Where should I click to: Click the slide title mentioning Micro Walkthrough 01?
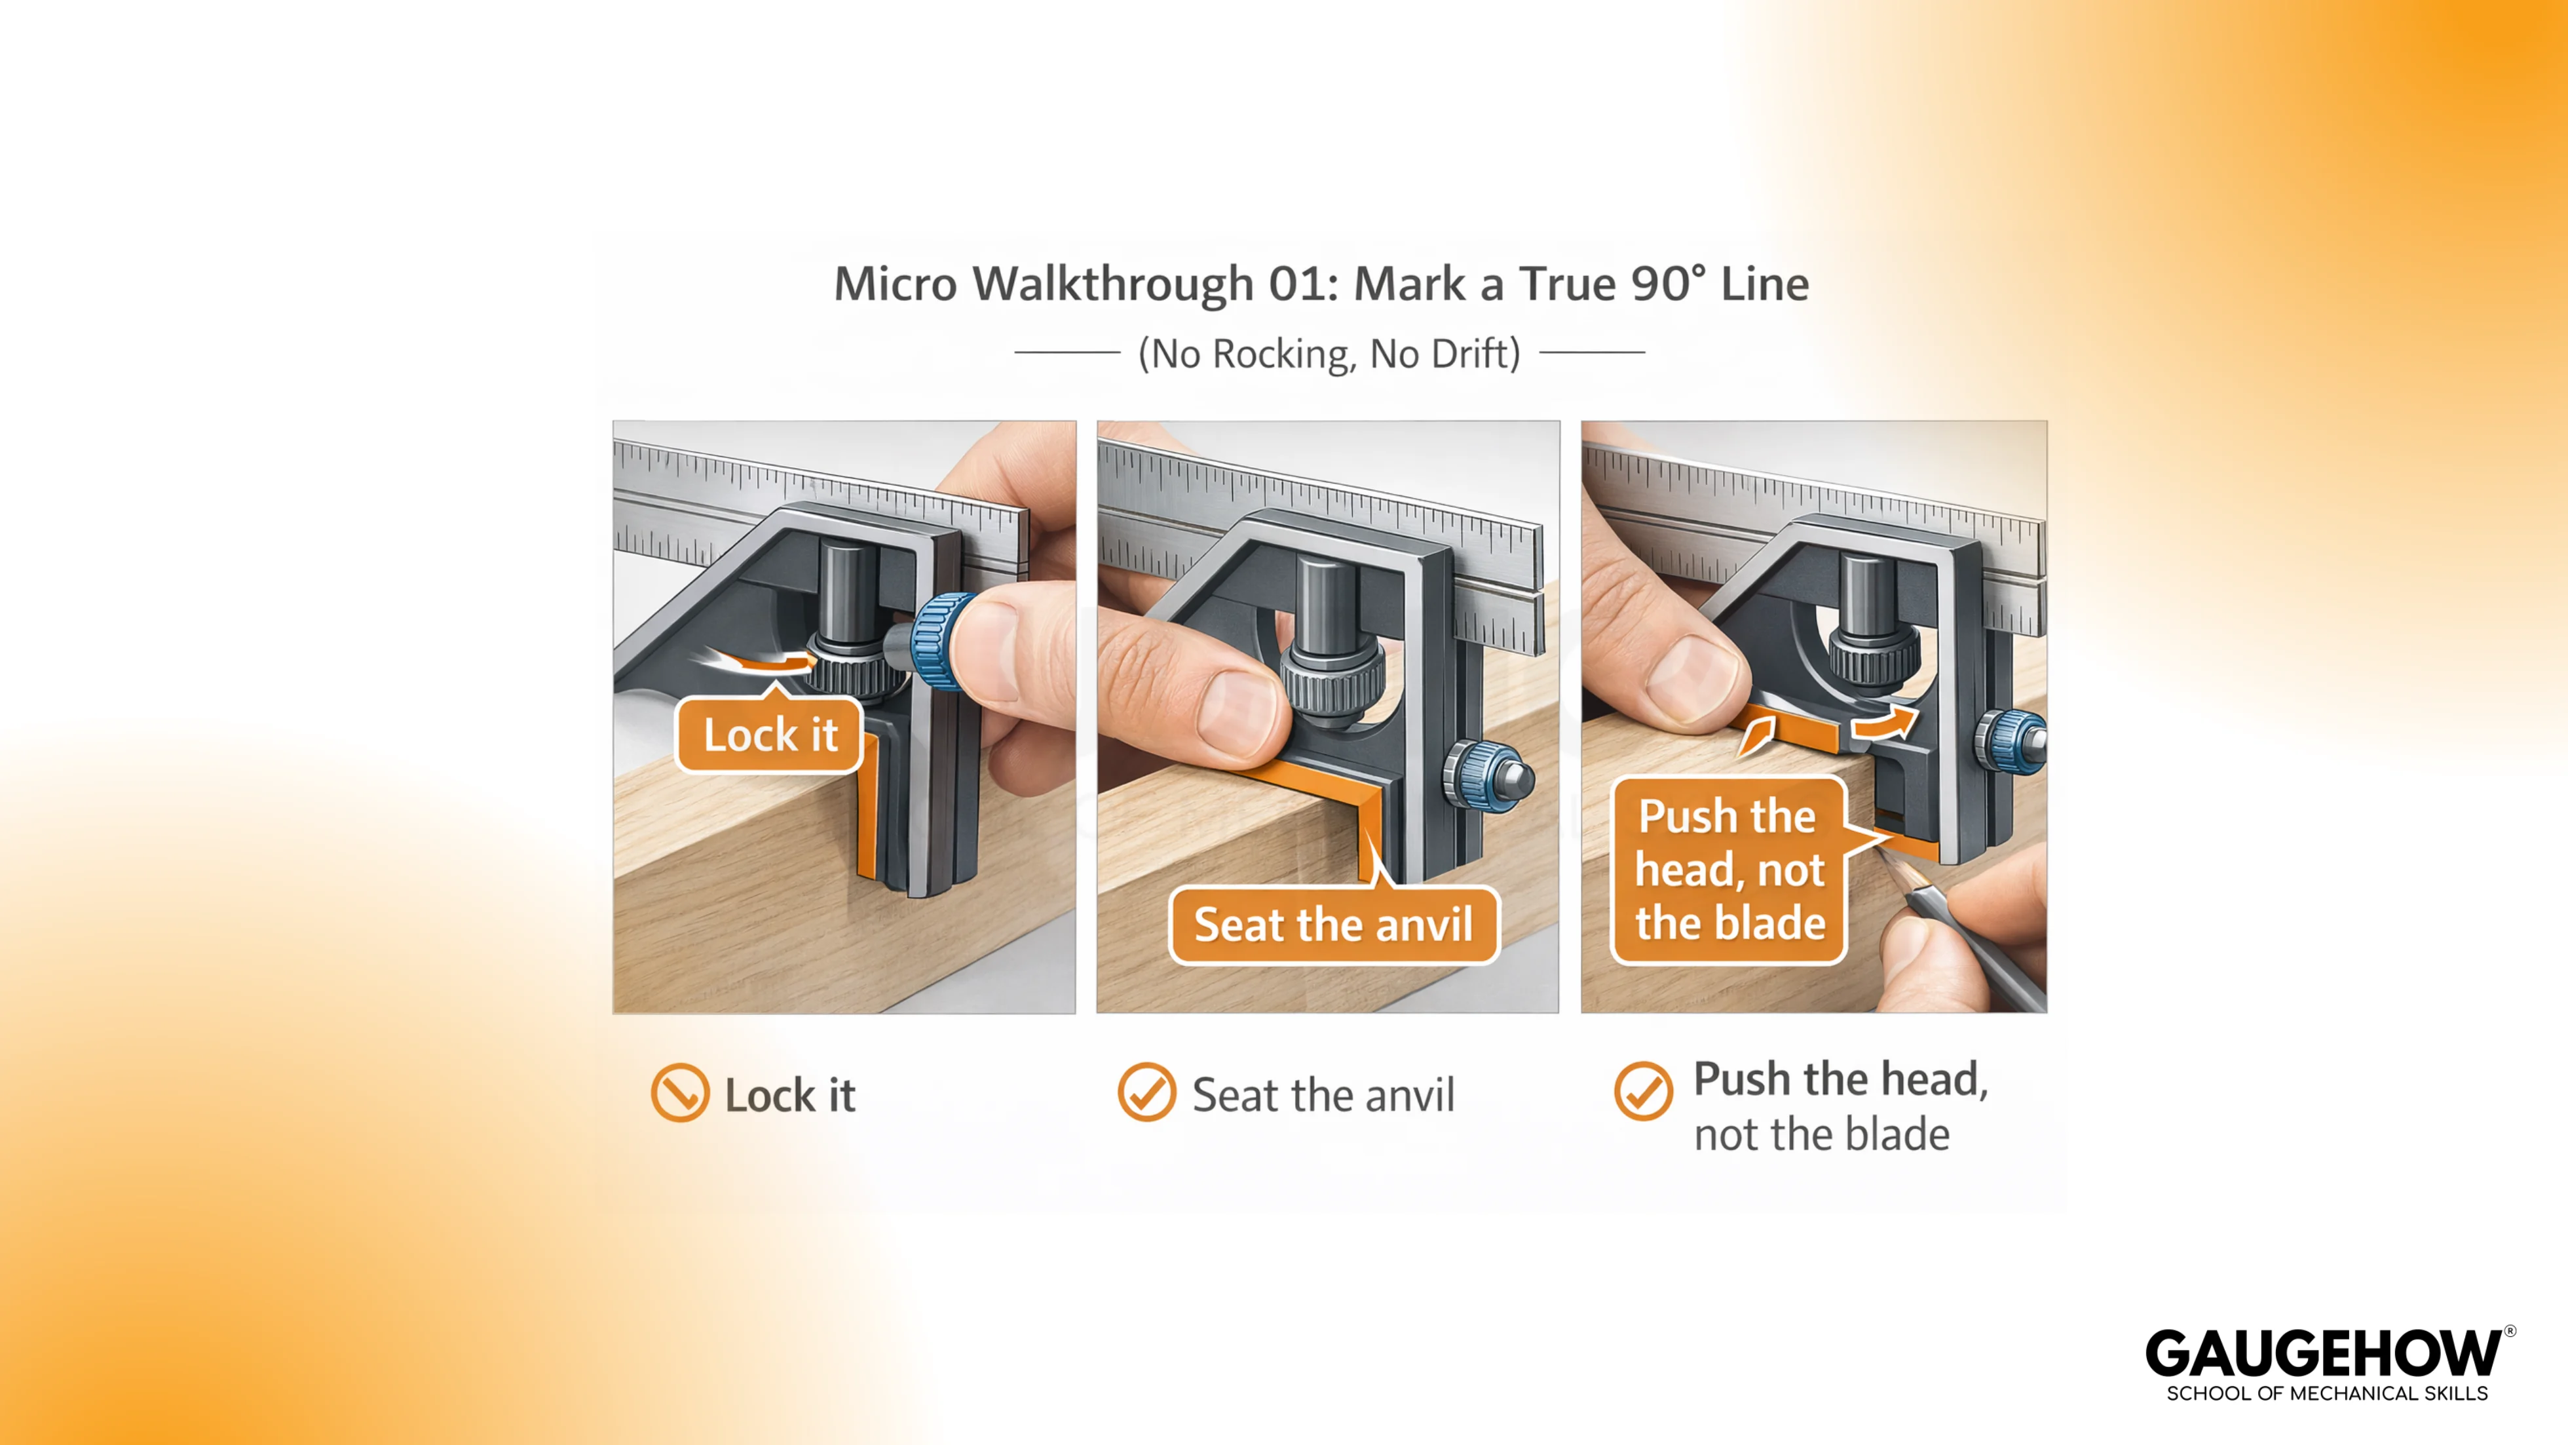(x=1321, y=283)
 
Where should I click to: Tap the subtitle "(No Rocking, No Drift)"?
(x=1329, y=353)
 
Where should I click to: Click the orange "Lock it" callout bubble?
(x=768, y=734)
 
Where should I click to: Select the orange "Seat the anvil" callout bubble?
(x=1333, y=925)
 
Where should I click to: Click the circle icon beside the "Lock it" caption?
(x=680, y=1093)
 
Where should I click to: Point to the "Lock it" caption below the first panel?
(x=789, y=1095)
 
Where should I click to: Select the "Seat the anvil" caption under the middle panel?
(x=1323, y=1095)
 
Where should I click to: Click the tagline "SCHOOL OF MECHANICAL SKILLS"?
(x=2327, y=1393)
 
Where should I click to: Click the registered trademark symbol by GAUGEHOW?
(x=2510, y=1332)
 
